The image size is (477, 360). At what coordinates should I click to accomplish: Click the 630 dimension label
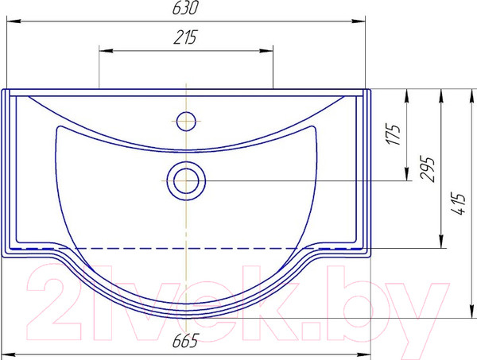(x=185, y=8)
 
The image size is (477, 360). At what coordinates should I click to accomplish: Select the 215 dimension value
(x=185, y=37)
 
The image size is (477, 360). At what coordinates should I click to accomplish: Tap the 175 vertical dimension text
(x=393, y=134)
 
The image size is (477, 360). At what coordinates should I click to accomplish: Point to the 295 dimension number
(x=427, y=169)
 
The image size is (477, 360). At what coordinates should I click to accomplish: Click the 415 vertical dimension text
(x=459, y=203)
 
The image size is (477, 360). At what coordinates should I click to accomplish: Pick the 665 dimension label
(x=185, y=340)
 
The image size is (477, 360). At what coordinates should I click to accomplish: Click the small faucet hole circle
(x=186, y=122)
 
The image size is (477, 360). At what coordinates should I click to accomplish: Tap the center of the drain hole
(x=186, y=181)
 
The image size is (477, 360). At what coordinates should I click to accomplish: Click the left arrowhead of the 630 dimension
(x=14, y=21)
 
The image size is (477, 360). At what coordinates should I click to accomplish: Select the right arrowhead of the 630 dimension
(x=358, y=21)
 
